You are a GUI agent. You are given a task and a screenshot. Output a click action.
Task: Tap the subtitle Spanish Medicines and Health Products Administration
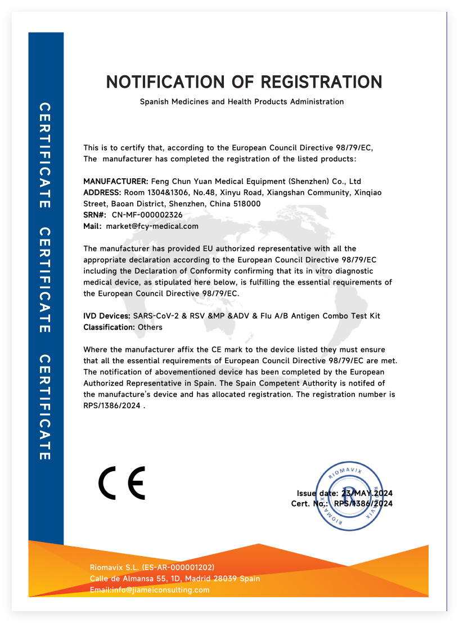click(242, 102)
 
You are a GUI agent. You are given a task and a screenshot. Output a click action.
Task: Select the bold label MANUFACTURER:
click(116, 182)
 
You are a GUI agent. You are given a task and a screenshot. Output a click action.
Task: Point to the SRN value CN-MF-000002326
click(147, 215)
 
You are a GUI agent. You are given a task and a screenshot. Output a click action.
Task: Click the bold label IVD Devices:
click(107, 316)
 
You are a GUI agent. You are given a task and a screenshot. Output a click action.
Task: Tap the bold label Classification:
click(109, 327)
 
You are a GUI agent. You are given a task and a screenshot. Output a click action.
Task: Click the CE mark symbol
click(122, 483)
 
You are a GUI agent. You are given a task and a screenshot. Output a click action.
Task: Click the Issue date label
click(317, 493)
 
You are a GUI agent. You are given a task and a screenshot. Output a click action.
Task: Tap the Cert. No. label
click(309, 504)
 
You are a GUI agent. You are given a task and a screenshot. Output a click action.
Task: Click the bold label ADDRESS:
click(103, 192)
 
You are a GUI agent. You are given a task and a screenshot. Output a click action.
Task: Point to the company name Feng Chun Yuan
click(178, 182)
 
